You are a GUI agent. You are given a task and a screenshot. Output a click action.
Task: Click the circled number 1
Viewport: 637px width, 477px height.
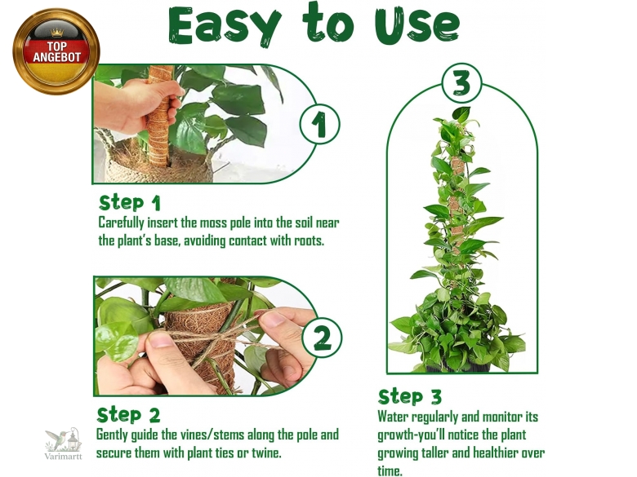319,124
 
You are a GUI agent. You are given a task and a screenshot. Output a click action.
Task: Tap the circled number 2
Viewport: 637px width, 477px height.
322,338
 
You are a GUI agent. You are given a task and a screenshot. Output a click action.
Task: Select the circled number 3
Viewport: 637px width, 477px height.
462,83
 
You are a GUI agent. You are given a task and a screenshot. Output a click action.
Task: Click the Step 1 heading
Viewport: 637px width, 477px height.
130,203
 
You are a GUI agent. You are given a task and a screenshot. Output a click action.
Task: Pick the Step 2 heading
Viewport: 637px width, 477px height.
128,415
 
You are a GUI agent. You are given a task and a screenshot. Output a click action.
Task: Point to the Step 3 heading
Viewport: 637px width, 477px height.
409,397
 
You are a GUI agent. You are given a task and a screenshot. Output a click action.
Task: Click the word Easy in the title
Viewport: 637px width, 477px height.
225,25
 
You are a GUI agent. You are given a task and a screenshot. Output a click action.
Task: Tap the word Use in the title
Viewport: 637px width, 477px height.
417,26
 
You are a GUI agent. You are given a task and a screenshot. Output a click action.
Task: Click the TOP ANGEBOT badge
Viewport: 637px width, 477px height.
56,51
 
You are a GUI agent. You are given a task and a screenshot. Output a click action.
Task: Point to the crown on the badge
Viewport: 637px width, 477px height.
57,33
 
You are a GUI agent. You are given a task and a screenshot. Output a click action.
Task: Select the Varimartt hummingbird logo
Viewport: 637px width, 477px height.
64,439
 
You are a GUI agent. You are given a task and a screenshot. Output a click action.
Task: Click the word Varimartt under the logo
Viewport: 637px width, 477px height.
63,457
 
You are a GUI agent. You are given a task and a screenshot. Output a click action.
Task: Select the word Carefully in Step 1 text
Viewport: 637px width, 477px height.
122,223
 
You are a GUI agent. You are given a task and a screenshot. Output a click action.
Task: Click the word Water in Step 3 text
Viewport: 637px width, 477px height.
393,417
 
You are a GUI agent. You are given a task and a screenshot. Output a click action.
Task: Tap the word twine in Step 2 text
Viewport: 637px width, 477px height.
266,453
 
